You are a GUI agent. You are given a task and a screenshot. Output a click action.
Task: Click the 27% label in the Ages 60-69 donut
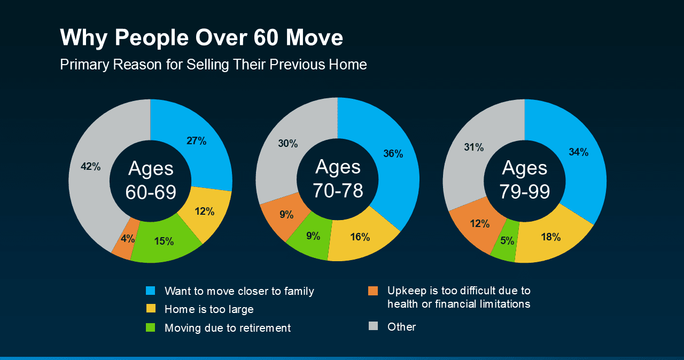click(x=196, y=141)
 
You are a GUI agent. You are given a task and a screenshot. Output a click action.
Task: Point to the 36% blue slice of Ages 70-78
click(x=393, y=154)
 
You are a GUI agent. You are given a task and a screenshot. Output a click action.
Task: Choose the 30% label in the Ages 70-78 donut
click(x=287, y=143)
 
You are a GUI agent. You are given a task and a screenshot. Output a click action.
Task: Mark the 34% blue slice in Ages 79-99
click(x=578, y=152)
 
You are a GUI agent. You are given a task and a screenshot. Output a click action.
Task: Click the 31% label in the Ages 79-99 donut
click(x=473, y=147)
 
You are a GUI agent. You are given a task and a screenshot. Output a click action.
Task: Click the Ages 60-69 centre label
click(x=151, y=181)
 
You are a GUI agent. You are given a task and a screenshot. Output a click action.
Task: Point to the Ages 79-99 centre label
click(x=525, y=179)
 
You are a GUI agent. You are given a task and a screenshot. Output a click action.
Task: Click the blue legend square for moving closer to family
click(x=151, y=291)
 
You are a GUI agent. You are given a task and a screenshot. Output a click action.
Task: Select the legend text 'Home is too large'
click(x=209, y=309)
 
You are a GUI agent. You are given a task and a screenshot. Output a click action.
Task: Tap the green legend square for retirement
click(x=151, y=327)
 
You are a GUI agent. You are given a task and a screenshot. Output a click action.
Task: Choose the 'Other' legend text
click(x=401, y=327)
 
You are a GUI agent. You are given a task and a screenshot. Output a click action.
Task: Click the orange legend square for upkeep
click(x=373, y=291)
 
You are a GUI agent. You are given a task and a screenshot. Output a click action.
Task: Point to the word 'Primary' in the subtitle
click(x=81, y=65)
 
